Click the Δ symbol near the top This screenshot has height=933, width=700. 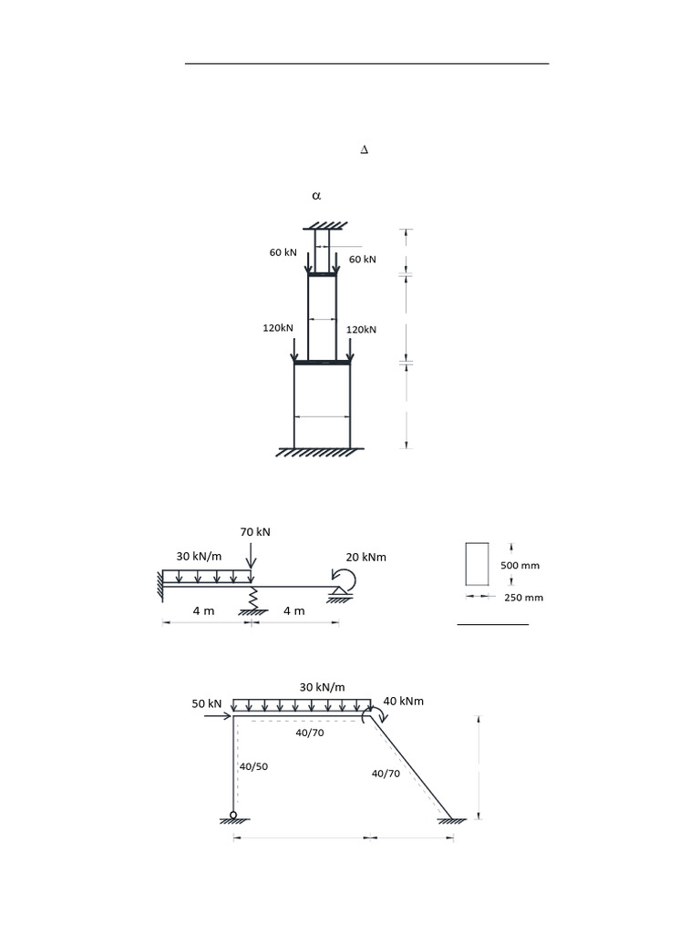[x=365, y=150]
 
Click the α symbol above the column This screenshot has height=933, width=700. [x=316, y=195]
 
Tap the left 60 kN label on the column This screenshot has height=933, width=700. [x=283, y=252]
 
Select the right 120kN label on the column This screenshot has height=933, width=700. [x=361, y=329]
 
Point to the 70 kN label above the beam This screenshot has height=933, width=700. [x=255, y=531]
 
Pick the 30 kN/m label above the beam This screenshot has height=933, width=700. [x=199, y=556]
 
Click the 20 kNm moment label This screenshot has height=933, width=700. [x=366, y=557]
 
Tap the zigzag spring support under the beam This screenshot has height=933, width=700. [x=252, y=598]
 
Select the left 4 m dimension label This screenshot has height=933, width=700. [x=203, y=610]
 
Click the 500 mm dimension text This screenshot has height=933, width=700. [x=520, y=566]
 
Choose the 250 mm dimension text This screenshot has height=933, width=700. [x=523, y=598]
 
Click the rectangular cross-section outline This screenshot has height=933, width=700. [x=477, y=564]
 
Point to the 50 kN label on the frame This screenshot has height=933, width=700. [x=207, y=703]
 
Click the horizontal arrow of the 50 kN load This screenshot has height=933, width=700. [x=219, y=716]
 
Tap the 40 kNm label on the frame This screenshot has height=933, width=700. [x=404, y=701]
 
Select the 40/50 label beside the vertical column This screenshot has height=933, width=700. [x=253, y=766]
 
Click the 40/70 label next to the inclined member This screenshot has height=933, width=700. [x=386, y=774]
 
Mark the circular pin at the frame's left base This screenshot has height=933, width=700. [x=233, y=815]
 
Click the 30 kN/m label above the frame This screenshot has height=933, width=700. [x=322, y=687]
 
